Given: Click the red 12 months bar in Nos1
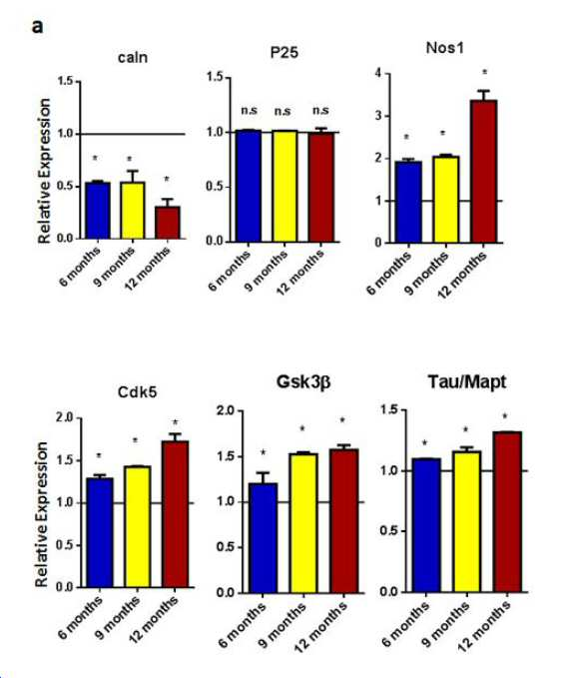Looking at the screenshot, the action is tap(484, 171).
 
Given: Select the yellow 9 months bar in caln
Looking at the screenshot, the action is tap(132, 210).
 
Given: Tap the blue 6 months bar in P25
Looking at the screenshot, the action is tap(249, 186).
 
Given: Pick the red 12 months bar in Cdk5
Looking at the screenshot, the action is tap(176, 514).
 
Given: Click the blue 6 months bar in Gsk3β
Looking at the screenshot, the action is tap(264, 538).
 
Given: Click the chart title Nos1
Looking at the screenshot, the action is tap(444, 48).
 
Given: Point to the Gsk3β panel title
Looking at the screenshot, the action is tap(303, 381).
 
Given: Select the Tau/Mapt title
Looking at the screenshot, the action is tap(467, 381).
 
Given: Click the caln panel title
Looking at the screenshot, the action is tap(133, 57).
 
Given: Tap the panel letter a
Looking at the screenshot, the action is tap(38, 26).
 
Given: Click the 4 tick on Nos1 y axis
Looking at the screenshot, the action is tap(378, 73).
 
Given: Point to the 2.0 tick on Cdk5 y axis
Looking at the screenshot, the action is tap(65, 418).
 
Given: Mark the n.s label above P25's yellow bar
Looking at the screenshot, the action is tap(283, 111).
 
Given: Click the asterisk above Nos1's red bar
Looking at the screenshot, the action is tap(484, 72).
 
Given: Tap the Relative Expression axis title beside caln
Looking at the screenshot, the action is tap(44, 171).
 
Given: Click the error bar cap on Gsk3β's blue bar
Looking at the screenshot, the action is tap(264, 473).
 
